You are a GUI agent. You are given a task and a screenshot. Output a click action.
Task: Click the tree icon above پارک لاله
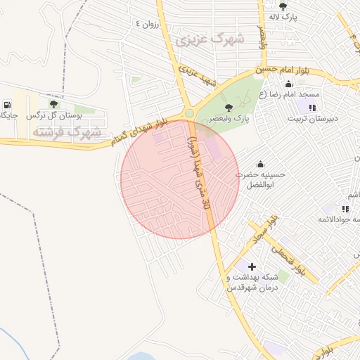pyautogui.click(x=283, y=6)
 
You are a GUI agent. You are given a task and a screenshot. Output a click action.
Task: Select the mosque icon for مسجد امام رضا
pyautogui.click(x=289, y=84)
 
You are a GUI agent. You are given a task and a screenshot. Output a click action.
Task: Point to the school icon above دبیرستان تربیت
pyautogui.click(x=311, y=108)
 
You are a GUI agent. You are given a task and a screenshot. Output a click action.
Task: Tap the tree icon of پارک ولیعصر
pyautogui.click(x=228, y=108)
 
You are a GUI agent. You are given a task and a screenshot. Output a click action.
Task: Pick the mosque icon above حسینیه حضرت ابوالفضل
pyautogui.click(x=261, y=164)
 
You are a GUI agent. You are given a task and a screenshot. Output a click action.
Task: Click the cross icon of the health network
pyautogui.click(x=252, y=266)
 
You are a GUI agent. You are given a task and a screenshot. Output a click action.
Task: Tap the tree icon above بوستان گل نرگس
pyautogui.click(x=53, y=104)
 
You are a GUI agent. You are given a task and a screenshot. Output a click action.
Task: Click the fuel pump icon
pyautogui.click(x=7, y=104)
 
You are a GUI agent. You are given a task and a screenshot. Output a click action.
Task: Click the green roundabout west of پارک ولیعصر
pyautogui.click(x=188, y=113)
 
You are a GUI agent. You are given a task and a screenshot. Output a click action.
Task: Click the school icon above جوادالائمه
pyautogui.click(x=345, y=209)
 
